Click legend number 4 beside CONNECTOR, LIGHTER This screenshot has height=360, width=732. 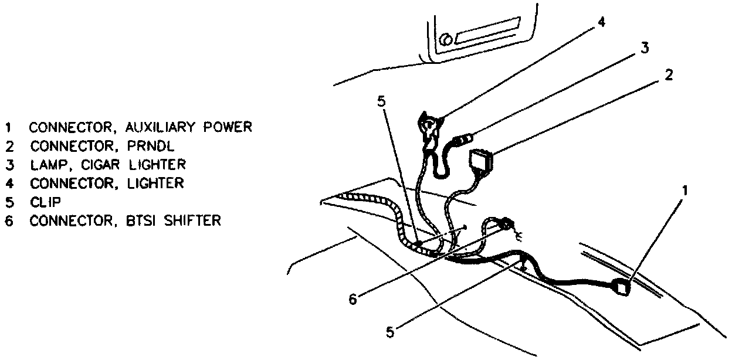(8, 184)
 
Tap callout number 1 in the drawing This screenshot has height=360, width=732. (684, 191)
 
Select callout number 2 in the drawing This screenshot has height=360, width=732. (668, 75)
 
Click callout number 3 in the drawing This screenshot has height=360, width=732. (644, 49)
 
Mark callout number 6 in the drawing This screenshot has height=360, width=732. (353, 300)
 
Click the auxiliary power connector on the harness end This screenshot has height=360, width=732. (621, 288)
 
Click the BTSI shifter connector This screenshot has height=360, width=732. (505, 223)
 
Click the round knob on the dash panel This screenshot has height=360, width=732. (446, 39)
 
